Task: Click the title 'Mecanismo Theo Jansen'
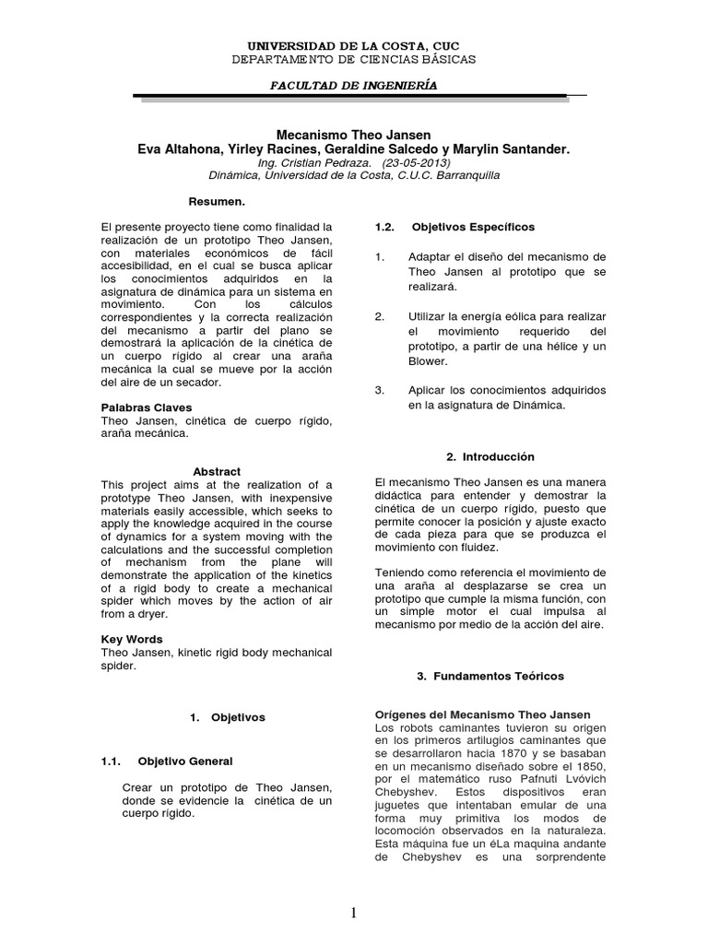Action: (354, 135)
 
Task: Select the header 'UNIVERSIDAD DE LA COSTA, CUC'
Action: (354, 45)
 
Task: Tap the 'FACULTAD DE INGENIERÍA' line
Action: (354, 85)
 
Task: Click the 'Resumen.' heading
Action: (217, 200)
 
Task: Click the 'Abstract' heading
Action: (217, 472)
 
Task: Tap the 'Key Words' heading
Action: (131, 639)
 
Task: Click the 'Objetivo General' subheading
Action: (184, 761)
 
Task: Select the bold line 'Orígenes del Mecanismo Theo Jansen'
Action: (483, 715)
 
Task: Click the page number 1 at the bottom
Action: (353, 913)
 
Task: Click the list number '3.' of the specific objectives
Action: (379, 391)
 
